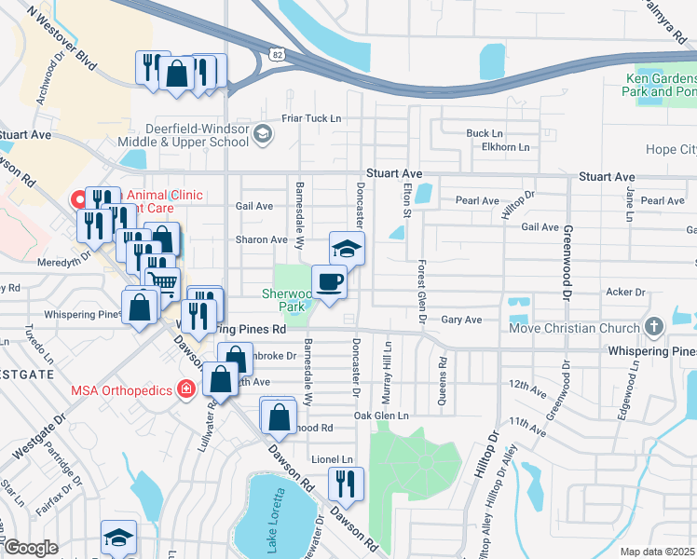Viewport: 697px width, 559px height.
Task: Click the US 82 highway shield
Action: (278, 56)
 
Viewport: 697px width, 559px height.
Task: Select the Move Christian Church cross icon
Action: (653, 327)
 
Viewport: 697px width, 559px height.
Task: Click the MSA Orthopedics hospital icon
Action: (186, 388)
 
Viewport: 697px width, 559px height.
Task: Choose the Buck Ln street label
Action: (485, 133)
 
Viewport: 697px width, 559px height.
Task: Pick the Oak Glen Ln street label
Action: (382, 416)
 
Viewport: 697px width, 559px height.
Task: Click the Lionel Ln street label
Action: (332, 459)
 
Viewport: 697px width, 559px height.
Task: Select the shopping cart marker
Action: (163, 281)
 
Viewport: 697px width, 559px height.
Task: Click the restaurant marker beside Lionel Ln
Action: (346, 484)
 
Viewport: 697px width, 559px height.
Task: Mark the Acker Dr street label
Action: (620, 292)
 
